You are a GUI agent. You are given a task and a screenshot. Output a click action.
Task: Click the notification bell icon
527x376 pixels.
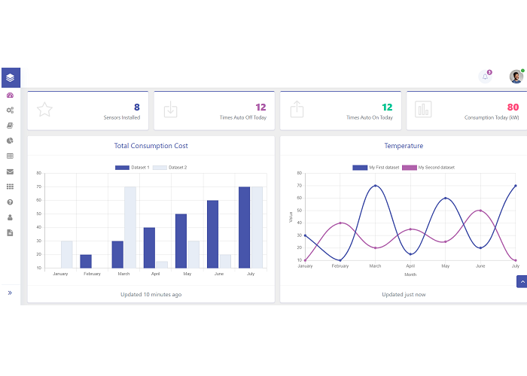pyautogui.click(x=486, y=77)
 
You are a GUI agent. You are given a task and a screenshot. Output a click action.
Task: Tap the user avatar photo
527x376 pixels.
pyautogui.click(x=516, y=77)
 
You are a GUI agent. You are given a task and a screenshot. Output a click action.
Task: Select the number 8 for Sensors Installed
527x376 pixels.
pyautogui.click(x=136, y=108)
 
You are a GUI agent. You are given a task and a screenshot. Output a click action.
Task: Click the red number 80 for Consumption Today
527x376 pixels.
pyautogui.click(x=513, y=108)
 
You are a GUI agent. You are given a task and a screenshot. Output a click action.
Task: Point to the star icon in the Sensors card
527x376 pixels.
pyautogui.click(x=45, y=110)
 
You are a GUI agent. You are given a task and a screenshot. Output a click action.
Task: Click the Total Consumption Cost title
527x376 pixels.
pyautogui.click(x=151, y=146)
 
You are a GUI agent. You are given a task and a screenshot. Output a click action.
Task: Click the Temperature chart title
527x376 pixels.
pyautogui.click(x=404, y=146)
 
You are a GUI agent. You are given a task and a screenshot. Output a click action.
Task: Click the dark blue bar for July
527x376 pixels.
pyautogui.click(x=245, y=227)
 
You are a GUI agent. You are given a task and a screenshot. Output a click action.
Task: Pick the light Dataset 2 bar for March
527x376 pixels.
pyautogui.click(x=130, y=227)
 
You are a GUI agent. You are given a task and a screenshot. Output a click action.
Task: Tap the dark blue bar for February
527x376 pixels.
pyautogui.click(x=86, y=261)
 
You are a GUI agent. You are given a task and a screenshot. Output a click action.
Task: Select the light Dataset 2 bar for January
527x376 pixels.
pyautogui.click(x=67, y=254)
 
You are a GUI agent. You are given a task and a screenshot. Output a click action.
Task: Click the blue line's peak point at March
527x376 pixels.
pyautogui.click(x=375, y=186)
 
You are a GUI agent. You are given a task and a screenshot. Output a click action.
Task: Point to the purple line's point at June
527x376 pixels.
pyautogui.click(x=480, y=211)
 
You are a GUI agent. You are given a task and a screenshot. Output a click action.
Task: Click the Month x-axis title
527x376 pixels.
pyautogui.click(x=410, y=274)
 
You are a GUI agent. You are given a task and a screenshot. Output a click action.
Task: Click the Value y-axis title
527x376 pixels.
pyautogui.click(x=291, y=217)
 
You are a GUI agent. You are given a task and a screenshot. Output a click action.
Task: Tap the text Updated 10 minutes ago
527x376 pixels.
pyautogui.click(x=151, y=294)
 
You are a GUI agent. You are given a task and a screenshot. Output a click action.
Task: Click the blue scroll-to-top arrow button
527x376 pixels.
pyautogui.click(x=521, y=281)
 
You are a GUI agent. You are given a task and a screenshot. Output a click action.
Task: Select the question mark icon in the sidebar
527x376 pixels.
pyautogui.click(x=10, y=202)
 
